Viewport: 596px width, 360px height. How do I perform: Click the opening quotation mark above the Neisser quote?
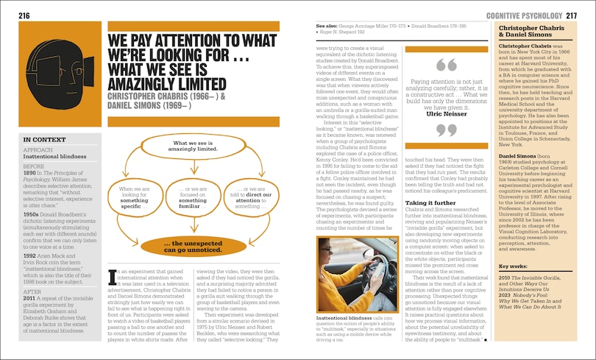(x=441, y=65)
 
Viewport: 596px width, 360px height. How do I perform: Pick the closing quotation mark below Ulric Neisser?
(x=441, y=131)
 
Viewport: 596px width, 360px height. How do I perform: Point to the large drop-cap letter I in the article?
(x=112, y=276)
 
